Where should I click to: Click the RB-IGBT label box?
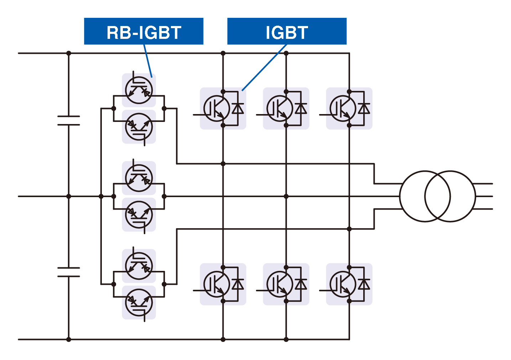click(144, 31)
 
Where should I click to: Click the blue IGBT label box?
click(287, 31)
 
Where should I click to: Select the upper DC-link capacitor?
click(69, 120)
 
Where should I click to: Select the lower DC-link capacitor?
click(69, 272)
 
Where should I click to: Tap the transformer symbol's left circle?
click(425, 196)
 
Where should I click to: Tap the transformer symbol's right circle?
click(450, 196)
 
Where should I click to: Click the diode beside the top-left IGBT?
click(238, 108)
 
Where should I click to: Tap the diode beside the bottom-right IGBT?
click(364, 284)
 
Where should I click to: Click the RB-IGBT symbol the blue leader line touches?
click(139, 90)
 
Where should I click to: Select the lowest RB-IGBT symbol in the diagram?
click(139, 303)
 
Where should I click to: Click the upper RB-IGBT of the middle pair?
click(139, 178)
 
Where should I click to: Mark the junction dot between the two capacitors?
click(69, 196)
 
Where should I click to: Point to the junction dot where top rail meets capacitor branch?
click(69, 53)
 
